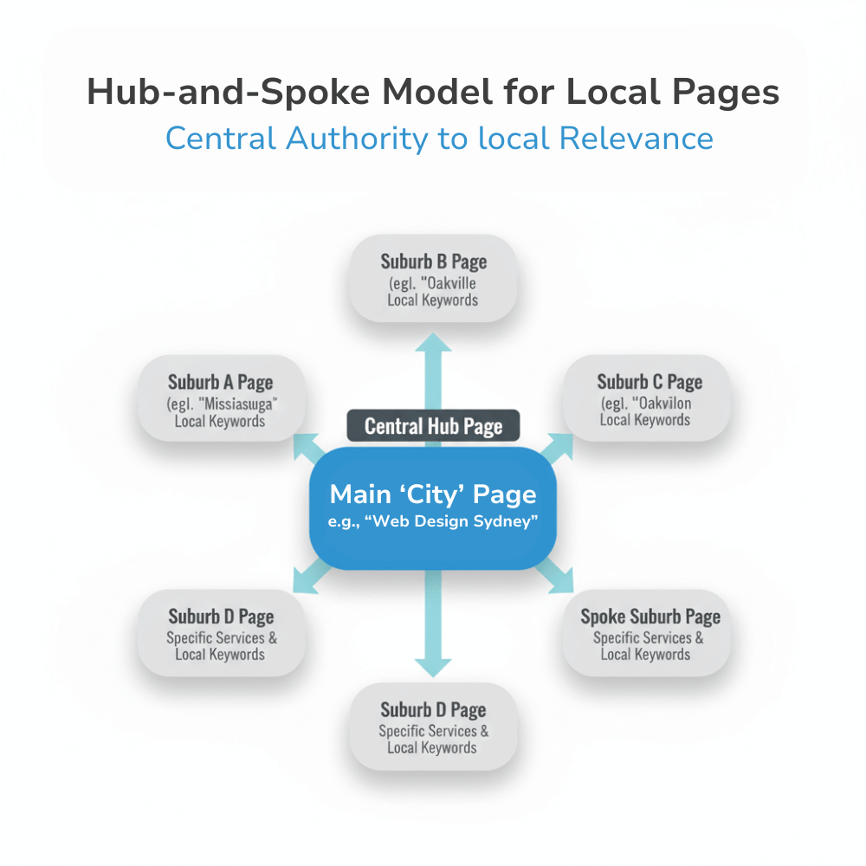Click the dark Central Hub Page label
[433, 426]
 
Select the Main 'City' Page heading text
[433, 494]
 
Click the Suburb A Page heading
[220, 382]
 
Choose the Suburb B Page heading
[433, 261]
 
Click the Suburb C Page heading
[649, 382]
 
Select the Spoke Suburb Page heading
[650, 617]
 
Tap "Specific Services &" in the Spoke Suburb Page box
[649, 638]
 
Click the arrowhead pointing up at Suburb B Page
[433, 343]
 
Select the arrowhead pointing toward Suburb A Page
[303, 442]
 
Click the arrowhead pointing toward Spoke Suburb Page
[564, 583]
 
